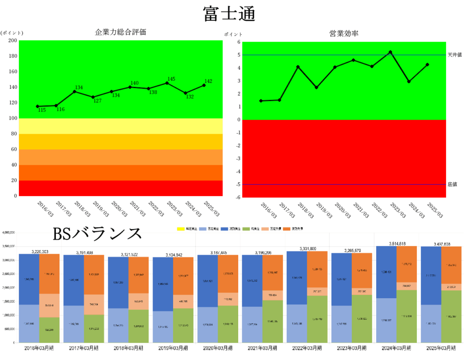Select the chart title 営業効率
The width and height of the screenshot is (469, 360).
pyautogui.click(x=344, y=33)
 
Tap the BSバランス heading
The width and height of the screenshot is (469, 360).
pyautogui.click(x=98, y=234)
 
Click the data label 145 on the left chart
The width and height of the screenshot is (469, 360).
pyautogui.click(x=172, y=79)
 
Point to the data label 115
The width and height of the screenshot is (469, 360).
pyautogui.click(x=42, y=110)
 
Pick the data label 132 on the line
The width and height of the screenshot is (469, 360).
pyautogui.click(x=190, y=97)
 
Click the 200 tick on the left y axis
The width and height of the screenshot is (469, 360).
pyautogui.click(x=13, y=41)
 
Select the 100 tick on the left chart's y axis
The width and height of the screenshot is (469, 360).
pyautogui.click(x=13, y=118)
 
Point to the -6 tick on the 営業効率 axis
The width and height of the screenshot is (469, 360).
pyautogui.click(x=237, y=197)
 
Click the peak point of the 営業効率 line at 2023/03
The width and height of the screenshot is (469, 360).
pyautogui.click(x=390, y=52)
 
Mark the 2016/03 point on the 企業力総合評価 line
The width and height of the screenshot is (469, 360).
pyautogui.click(x=38, y=106)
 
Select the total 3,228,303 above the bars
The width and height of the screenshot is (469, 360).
pyautogui.click(x=39, y=251)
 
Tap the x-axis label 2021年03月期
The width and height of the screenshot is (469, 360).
pyautogui.click(x=263, y=348)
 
